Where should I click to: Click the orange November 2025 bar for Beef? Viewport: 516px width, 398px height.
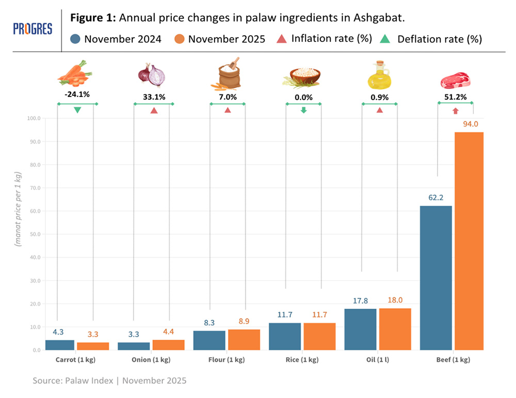click(469, 241)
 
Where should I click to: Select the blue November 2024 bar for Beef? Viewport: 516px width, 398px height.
click(436, 278)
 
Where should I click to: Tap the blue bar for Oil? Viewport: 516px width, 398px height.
click(360, 329)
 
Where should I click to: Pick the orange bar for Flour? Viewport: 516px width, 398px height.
click(244, 340)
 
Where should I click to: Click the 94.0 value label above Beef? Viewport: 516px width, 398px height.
click(469, 124)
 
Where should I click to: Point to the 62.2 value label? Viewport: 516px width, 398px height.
click(436, 197)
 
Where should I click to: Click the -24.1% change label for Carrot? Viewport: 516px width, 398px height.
click(76, 95)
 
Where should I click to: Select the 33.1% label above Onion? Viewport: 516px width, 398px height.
click(154, 97)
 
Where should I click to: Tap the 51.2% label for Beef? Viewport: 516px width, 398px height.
click(456, 95)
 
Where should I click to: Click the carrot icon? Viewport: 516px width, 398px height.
click(75, 73)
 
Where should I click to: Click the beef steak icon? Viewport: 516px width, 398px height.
click(455, 81)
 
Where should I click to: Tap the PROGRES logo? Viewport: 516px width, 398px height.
click(33, 29)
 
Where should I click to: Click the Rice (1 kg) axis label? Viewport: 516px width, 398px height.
click(302, 359)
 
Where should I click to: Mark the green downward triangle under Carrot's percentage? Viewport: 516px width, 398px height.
click(77, 110)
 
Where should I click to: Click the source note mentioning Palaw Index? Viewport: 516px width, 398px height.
click(109, 381)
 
